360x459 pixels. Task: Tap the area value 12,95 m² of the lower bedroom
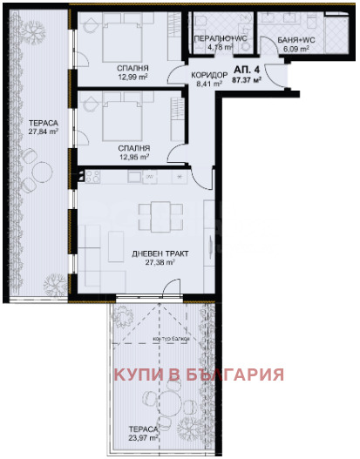(132, 159)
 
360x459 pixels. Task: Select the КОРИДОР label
(208, 76)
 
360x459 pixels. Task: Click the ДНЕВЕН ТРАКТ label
(160, 253)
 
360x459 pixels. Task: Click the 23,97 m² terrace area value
(139, 439)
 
